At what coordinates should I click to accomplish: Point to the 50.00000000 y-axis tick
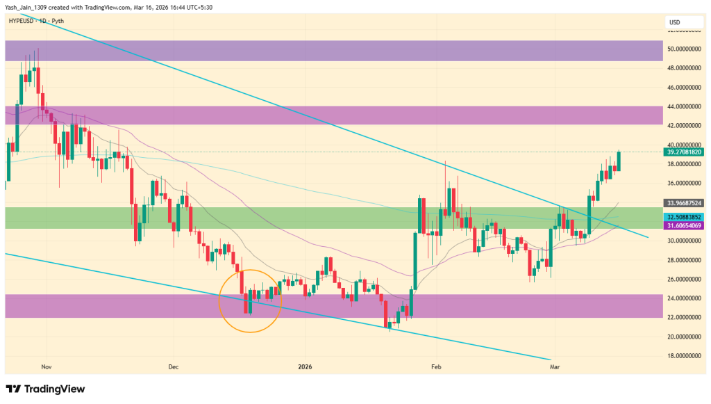(x=682, y=49)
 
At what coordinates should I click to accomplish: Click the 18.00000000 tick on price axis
(x=682, y=355)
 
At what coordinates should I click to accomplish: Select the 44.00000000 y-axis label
(x=682, y=106)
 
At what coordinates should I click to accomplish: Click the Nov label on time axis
(x=47, y=365)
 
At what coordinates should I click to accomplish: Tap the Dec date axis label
(x=173, y=365)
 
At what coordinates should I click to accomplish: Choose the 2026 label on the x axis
(x=306, y=365)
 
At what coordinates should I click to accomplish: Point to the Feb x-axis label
(x=436, y=365)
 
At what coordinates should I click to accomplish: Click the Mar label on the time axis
(x=554, y=365)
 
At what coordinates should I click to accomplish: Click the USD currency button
(x=675, y=22)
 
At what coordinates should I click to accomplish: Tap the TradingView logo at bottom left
(x=45, y=389)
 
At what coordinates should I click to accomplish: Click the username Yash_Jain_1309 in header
(x=26, y=6)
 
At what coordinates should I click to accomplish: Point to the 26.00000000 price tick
(x=682, y=279)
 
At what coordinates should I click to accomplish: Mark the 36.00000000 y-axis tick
(x=682, y=184)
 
